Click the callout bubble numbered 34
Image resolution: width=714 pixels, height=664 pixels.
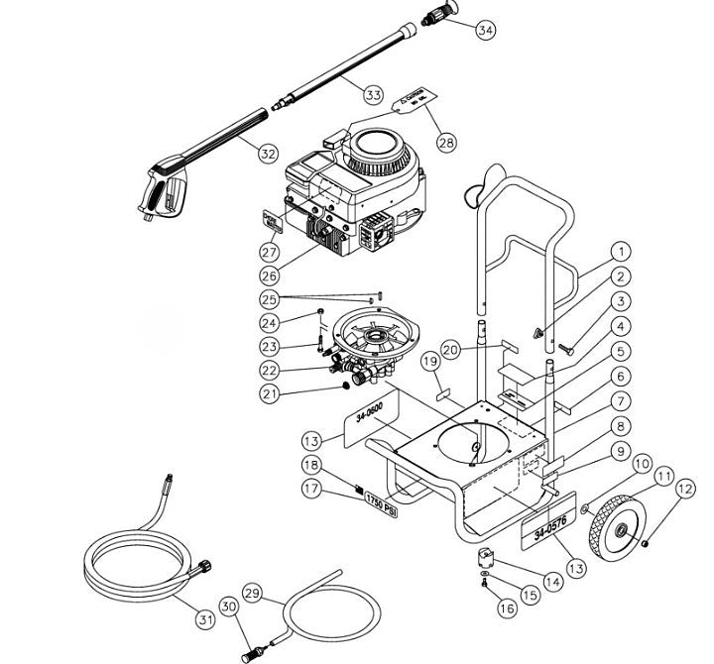click(485, 31)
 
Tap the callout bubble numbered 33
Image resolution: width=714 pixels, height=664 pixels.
click(372, 95)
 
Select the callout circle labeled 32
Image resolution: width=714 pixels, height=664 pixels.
click(268, 154)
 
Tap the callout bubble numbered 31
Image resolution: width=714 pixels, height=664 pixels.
click(204, 619)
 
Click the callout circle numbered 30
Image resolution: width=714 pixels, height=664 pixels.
click(228, 607)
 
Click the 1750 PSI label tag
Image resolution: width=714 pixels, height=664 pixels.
click(378, 498)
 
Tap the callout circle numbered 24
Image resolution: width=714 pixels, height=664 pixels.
click(270, 321)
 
